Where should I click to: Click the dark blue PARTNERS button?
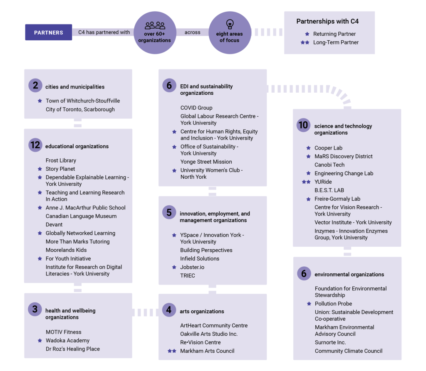(49, 32)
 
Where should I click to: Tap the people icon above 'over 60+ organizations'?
(155, 25)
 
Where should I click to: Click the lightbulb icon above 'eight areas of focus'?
(230, 24)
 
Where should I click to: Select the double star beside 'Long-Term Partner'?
(305, 42)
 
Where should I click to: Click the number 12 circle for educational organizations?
(35, 145)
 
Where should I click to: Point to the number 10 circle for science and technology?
(303, 125)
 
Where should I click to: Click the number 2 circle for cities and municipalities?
(35, 85)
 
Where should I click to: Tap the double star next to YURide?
(306, 182)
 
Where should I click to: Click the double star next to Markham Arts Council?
(172, 351)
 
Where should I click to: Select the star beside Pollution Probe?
(309, 304)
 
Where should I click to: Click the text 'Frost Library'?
(61, 160)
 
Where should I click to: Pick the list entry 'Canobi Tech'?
(329, 165)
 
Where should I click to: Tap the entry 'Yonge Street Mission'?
(206, 162)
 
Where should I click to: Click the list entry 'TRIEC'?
(188, 275)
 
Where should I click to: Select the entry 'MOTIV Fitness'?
(64, 332)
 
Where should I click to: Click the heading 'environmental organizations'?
(349, 274)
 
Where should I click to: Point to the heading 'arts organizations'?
(202, 311)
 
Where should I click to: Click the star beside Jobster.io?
(174, 267)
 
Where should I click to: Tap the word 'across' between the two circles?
(192, 32)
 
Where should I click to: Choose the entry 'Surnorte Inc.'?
(330, 342)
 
